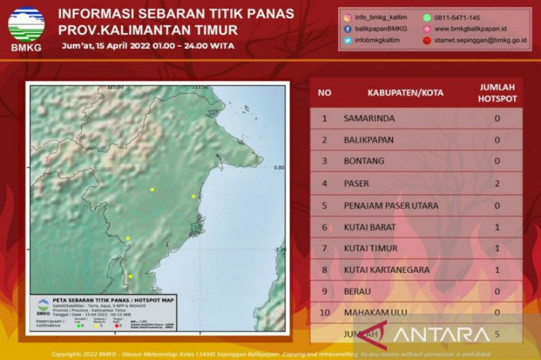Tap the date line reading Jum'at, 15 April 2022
click(146, 47)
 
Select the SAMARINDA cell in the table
click(368, 118)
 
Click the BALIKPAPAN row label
click(369, 140)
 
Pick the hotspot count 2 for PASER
click(497, 183)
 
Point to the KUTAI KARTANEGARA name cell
click(390, 270)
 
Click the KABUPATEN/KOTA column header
click(405, 93)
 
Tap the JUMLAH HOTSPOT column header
click(497, 93)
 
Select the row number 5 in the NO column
click(325, 205)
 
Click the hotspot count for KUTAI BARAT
click(497, 227)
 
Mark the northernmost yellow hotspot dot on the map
click(152, 189)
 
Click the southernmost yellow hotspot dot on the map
click(130, 277)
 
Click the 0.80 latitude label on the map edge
click(280, 168)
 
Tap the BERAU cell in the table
click(360, 292)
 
